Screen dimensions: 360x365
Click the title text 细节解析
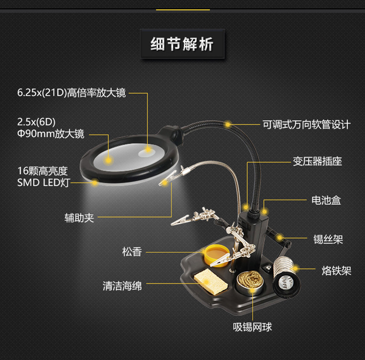182,45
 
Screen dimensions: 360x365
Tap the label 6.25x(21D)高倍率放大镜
72,93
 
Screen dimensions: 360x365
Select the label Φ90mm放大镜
51,134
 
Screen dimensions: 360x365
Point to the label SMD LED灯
43,183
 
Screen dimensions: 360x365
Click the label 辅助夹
79,217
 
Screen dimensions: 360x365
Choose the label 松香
132,252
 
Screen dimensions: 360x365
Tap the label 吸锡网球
252,328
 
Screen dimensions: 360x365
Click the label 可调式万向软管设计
306,124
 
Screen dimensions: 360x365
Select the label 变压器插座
317,161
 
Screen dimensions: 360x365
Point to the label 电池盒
326,200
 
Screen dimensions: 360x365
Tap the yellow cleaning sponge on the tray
207,282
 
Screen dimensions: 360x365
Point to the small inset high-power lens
147,150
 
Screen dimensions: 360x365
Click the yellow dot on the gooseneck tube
228,124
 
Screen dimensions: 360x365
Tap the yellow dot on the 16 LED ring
95,183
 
